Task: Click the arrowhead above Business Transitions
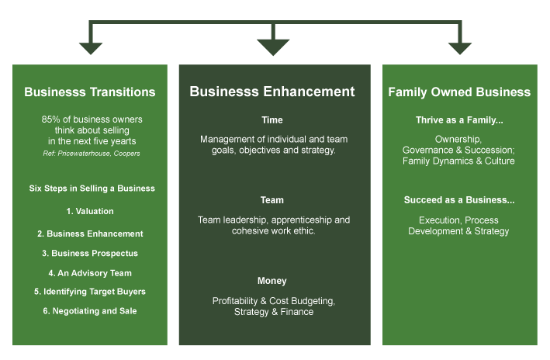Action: point(91,48)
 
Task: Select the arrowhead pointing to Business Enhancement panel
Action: point(273,47)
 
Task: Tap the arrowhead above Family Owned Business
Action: point(460,48)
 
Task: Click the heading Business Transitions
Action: point(90,92)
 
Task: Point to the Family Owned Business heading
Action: point(459,92)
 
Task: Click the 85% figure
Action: point(51,119)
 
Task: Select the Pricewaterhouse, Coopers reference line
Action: point(92,154)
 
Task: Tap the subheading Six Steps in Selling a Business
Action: point(92,189)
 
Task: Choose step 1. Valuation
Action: point(90,211)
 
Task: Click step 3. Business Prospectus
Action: point(90,254)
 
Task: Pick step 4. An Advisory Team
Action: point(90,273)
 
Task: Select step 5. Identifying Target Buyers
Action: point(90,292)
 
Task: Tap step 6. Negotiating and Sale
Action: point(90,311)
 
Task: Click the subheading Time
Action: point(272,120)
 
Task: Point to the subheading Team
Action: point(272,200)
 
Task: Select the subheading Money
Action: point(272,281)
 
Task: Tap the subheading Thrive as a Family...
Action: point(459,120)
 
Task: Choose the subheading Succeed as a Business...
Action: point(459,200)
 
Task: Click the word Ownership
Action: point(458,140)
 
